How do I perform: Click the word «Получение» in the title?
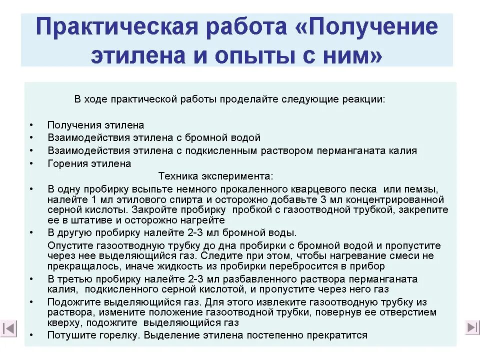click(x=372, y=27)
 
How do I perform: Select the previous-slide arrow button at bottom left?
click(x=8, y=328)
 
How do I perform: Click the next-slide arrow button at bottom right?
click(x=472, y=327)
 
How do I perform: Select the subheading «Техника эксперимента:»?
click(x=216, y=176)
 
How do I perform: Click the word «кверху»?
click(x=62, y=322)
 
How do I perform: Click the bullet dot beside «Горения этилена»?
click(x=31, y=163)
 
